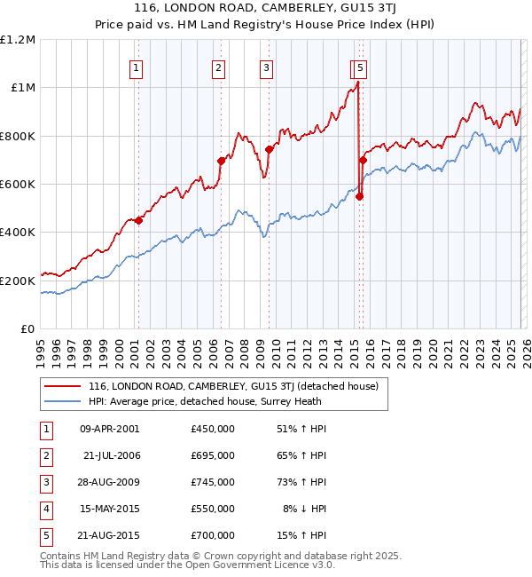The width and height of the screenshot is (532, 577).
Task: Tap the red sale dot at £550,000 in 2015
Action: tap(360, 196)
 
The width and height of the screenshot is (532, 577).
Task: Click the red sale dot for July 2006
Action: tap(222, 161)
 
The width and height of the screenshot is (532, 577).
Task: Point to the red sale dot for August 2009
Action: tap(270, 149)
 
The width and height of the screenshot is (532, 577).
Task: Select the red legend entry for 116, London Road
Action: tap(233, 386)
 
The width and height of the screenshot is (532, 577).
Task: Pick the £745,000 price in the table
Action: tap(213, 482)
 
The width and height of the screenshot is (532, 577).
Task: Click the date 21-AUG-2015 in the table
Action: tap(109, 535)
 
